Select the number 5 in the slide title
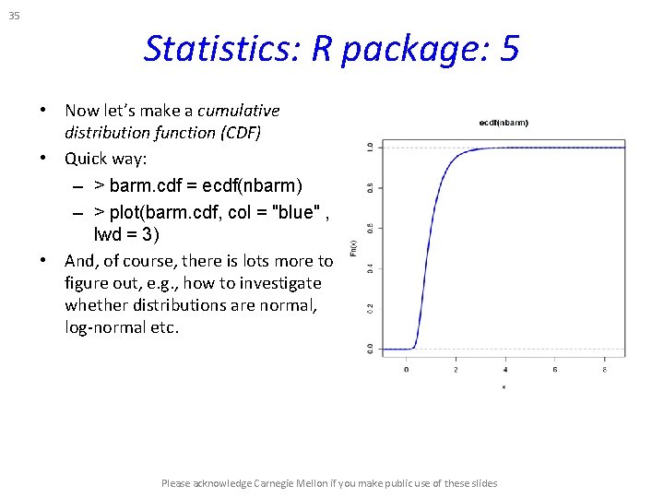(x=510, y=48)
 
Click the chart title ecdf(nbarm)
(x=504, y=122)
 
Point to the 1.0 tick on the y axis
(x=370, y=147)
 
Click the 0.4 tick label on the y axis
(x=370, y=268)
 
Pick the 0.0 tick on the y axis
(x=370, y=349)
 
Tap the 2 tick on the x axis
(x=456, y=370)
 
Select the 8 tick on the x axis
(x=605, y=370)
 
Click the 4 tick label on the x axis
(x=505, y=370)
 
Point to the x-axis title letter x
(x=504, y=386)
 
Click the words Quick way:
(x=100, y=159)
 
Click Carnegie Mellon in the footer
(x=285, y=483)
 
